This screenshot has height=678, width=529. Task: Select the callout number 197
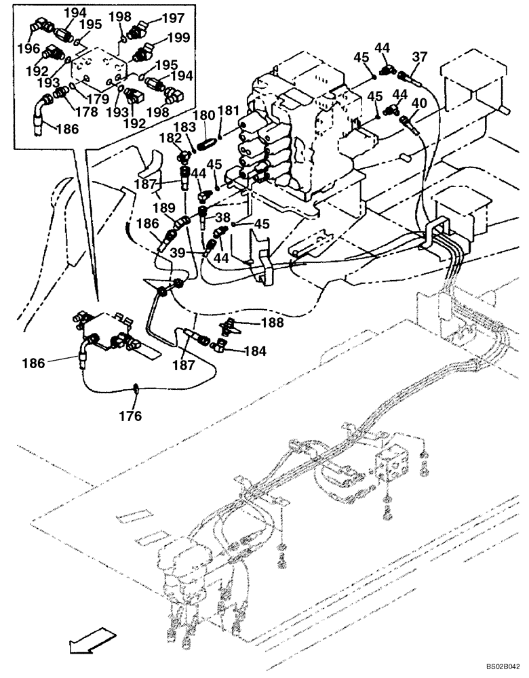click(x=172, y=18)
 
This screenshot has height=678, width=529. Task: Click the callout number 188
click(x=273, y=323)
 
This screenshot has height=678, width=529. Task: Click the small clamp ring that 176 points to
click(x=136, y=388)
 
